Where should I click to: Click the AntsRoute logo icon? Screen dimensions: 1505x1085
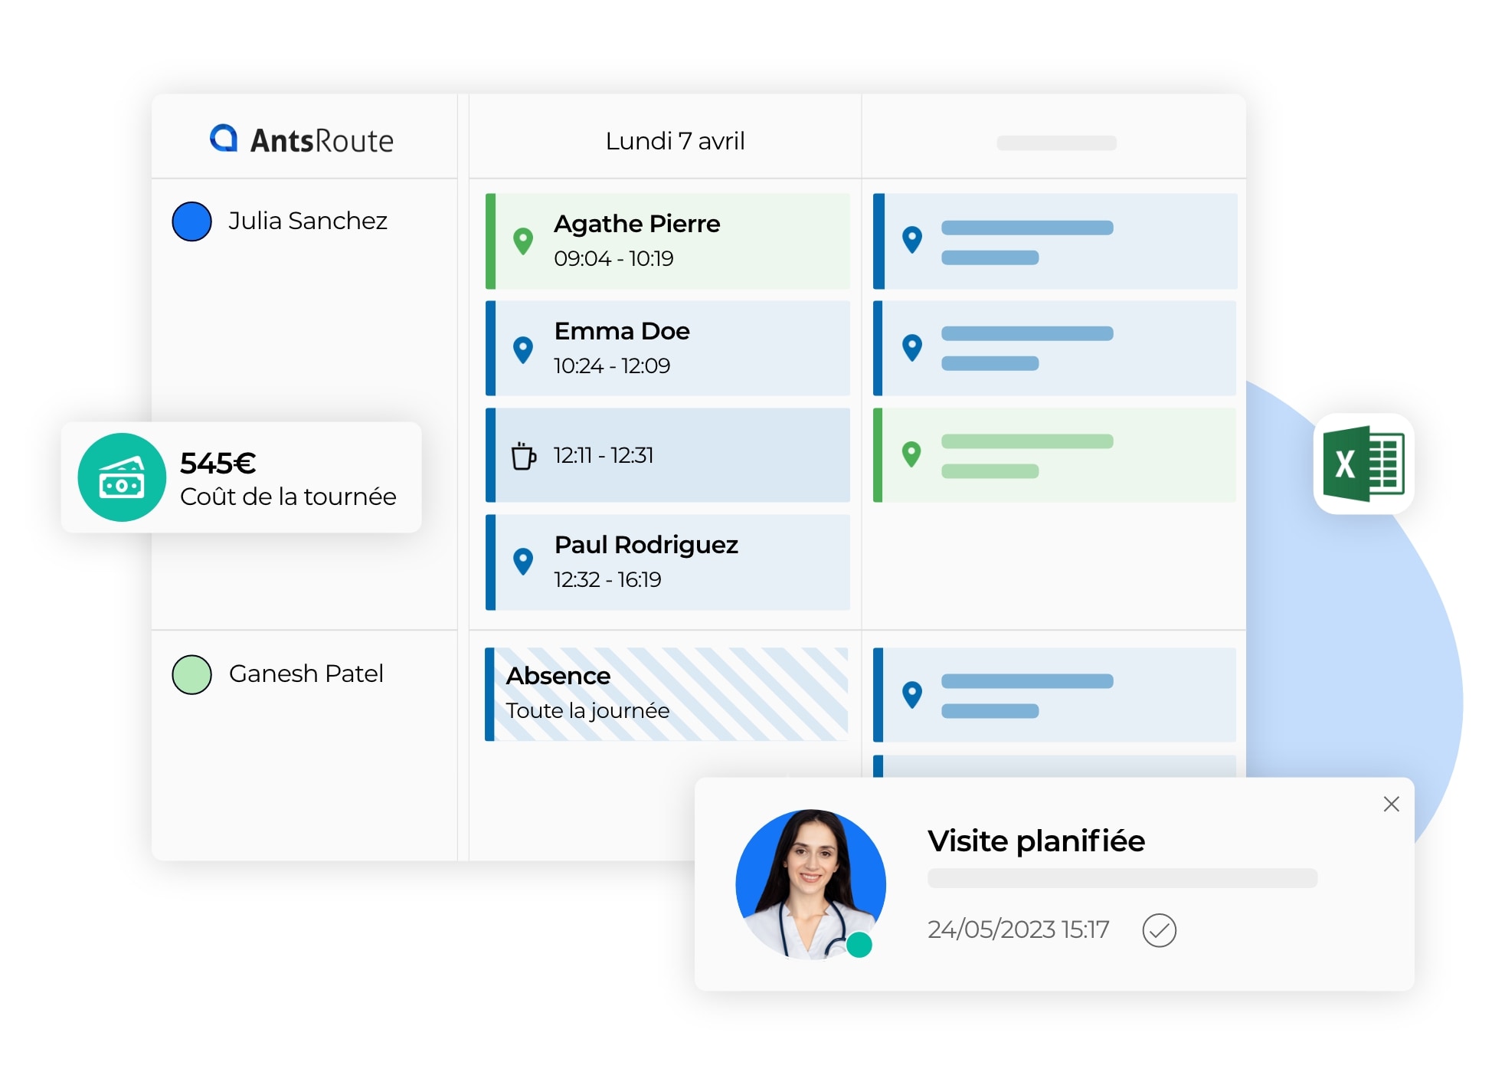(224, 139)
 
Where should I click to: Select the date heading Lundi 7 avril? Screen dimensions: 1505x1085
(675, 141)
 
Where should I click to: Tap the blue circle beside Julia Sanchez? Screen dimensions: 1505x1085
(191, 221)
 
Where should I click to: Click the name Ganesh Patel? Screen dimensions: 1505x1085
(306, 674)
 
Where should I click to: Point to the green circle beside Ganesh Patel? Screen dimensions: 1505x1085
(191, 674)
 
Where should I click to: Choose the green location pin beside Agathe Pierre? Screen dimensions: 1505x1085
(523, 241)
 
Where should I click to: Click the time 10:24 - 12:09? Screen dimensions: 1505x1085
(612, 365)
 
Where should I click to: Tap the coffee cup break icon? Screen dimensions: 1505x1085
(524, 455)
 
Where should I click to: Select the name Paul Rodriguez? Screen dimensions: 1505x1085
(646, 545)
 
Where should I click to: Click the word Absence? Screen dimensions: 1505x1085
(558, 676)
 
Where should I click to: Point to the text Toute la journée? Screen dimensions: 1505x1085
(587, 711)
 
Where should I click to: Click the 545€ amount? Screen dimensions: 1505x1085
(218, 463)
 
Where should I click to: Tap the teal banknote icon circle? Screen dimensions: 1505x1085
(122, 477)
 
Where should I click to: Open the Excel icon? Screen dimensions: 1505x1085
(1363, 464)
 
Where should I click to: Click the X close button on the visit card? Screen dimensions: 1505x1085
(1391, 804)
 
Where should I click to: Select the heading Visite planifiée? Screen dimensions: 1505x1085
(1036, 841)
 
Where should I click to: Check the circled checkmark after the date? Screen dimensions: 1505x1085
(1159, 930)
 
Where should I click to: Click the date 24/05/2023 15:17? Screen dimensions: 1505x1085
(1018, 929)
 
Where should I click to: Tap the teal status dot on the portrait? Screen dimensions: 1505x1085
(859, 945)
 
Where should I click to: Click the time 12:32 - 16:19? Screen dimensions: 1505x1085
(607, 579)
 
